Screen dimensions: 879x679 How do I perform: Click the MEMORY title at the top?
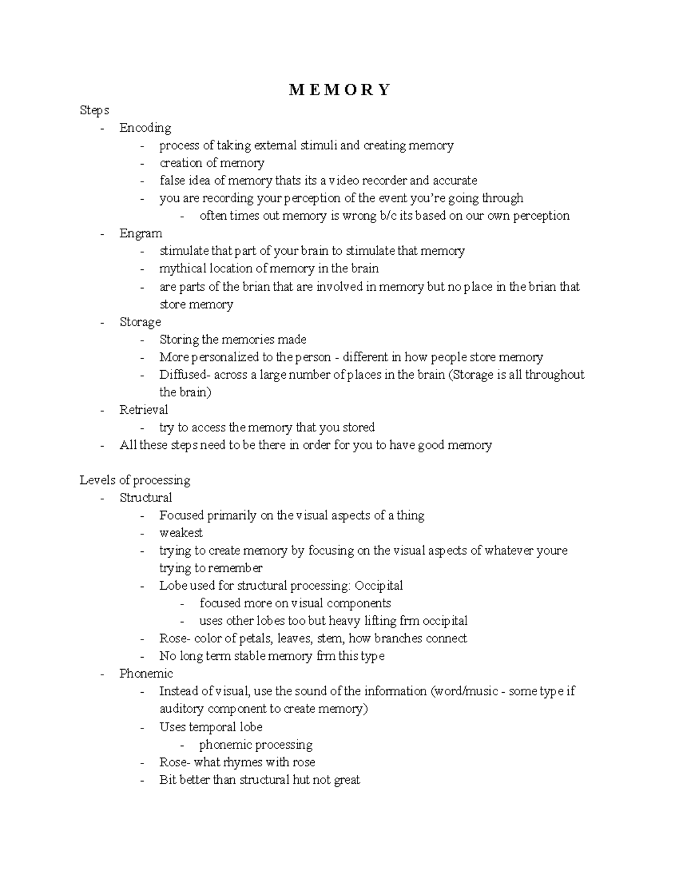coord(339,90)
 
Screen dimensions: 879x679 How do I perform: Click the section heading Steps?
coord(94,110)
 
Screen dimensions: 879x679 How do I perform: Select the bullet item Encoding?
coord(145,128)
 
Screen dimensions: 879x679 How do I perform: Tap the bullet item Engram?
coord(141,233)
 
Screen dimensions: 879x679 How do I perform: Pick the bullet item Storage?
coord(140,321)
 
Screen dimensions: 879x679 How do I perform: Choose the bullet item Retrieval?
coord(144,409)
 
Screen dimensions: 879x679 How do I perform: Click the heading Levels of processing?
coord(135,480)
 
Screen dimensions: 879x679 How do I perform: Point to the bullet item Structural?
coord(146,498)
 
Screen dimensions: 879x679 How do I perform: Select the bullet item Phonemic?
coord(146,674)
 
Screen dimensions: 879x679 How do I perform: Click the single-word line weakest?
coord(181,533)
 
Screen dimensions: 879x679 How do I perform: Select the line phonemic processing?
coord(256,744)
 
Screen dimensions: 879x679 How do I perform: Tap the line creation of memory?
coord(212,163)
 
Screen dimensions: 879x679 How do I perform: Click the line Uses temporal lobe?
coord(211,727)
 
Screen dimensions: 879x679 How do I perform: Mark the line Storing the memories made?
coord(233,340)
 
